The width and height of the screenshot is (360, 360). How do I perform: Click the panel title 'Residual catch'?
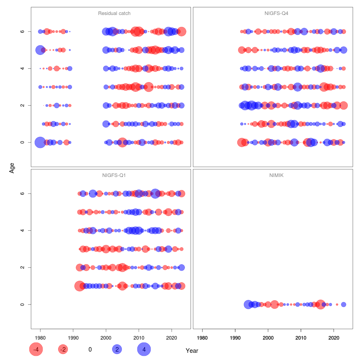(x=114, y=13)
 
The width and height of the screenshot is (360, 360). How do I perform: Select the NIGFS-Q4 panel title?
(x=276, y=13)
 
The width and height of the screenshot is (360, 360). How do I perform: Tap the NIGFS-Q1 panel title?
(x=114, y=175)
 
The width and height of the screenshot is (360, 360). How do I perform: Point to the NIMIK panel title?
(x=276, y=175)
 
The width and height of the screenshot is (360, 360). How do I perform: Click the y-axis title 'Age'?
(x=12, y=168)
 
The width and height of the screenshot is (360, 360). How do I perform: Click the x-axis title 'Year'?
(x=192, y=351)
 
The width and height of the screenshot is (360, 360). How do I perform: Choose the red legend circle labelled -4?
(x=36, y=349)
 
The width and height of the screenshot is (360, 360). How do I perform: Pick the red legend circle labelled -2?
(x=63, y=349)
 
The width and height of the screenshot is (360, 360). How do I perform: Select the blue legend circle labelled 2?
(x=117, y=349)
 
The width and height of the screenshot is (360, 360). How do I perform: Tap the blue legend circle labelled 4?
(x=144, y=349)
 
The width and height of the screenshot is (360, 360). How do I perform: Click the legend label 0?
(x=90, y=349)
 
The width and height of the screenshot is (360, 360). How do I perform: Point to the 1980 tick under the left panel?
(x=40, y=338)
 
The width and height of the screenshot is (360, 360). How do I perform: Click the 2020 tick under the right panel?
(x=334, y=338)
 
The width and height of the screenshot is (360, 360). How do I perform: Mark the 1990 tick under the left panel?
(x=73, y=338)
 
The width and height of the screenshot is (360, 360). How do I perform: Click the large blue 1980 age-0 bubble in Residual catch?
(x=40, y=142)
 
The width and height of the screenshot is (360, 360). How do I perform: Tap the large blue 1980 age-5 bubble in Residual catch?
(x=40, y=50)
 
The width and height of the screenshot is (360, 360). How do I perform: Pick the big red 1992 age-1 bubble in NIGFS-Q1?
(x=79, y=286)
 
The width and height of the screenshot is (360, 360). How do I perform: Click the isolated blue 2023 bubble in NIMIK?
(x=343, y=304)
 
